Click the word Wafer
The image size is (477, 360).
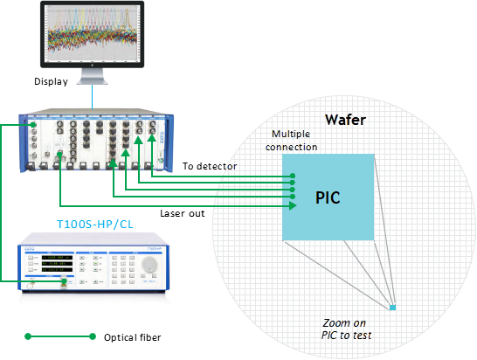(x=345, y=120)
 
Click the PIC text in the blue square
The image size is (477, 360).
(x=328, y=197)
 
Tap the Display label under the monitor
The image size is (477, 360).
(x=51, y=81)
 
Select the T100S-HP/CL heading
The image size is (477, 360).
(x=95, y=225)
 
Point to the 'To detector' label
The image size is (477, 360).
(x=210, y=166)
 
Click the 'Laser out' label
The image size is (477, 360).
(x=183, y=213)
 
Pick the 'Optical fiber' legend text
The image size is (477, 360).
(x=132, y=337)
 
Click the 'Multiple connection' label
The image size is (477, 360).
(x=291, y=141)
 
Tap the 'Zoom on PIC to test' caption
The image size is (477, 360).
(x=346, y=329)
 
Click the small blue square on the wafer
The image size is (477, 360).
(x=393, y=308)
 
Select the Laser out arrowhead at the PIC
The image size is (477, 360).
(x=293, y=205)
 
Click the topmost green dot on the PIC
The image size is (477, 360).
(x=293, y=176)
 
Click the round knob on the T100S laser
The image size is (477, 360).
(x=149, y=264)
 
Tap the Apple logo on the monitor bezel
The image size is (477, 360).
(x=92, y=65)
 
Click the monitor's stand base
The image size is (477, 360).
(x=93, y=81)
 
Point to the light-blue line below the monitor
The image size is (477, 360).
(x=93, y=96)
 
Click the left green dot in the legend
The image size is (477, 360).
(x=28, y=336)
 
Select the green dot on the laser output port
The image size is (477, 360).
(x=64, y=281)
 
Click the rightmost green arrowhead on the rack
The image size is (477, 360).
(x=151, y=138)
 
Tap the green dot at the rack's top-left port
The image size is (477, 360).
(x=33, y=124)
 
